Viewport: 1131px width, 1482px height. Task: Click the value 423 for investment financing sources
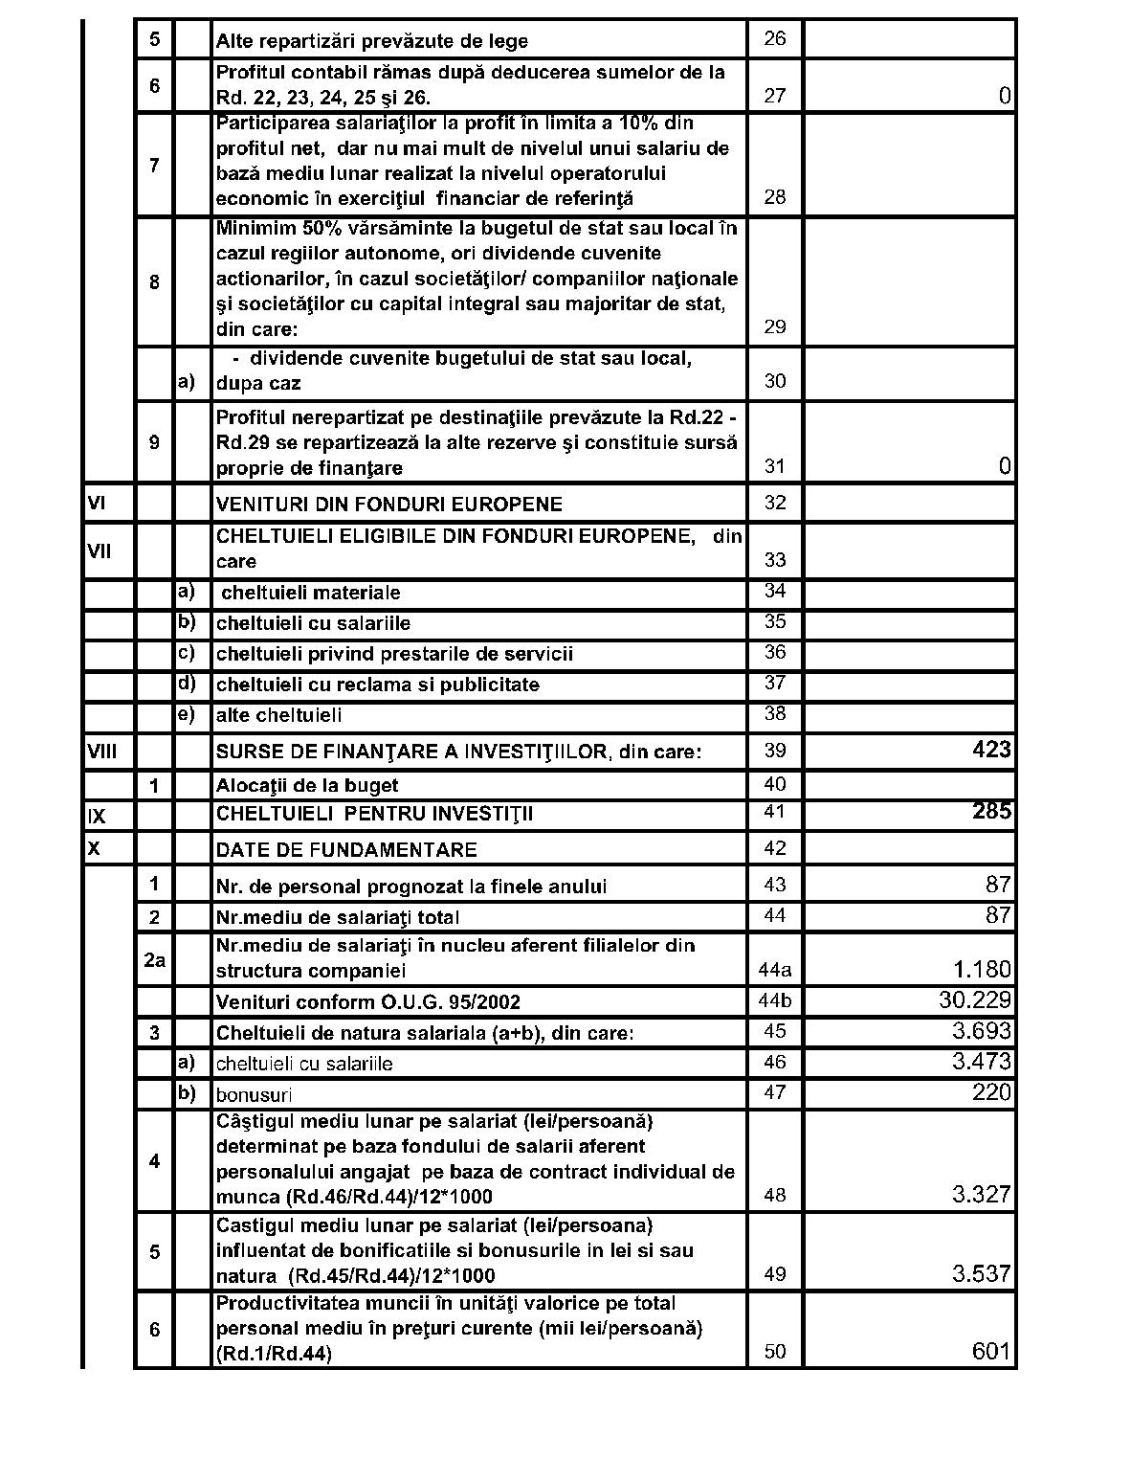coord(991,750)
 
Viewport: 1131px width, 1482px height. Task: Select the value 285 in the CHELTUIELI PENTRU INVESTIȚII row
coord(991,812)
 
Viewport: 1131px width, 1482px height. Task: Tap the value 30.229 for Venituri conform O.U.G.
coord(975,1000)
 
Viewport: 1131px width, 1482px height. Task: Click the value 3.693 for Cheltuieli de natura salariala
coord(981,1031)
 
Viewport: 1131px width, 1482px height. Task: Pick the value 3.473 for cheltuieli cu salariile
coord(981,1062)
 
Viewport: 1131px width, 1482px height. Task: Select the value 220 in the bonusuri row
coord(991,1092)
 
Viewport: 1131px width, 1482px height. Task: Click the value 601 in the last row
coord(991,1351)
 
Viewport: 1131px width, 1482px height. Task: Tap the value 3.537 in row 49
coord(981,1273)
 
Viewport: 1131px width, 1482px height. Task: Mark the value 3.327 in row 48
coord(981,1195)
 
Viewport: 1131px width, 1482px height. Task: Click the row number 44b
coord(775,1001)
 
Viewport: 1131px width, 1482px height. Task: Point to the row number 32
coord(775,503)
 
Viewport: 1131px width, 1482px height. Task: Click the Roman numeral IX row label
coord(97,816)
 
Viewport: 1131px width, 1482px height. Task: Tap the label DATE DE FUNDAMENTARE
coord(346,850)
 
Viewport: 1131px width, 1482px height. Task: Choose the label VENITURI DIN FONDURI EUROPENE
coord(389,505)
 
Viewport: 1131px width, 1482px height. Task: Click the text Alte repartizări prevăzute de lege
coord(372,41)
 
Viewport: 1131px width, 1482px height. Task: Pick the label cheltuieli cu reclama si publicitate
coord(378,685)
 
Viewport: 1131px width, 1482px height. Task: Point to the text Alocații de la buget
coord(307,786)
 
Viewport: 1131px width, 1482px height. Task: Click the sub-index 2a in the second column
coord(154,958)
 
